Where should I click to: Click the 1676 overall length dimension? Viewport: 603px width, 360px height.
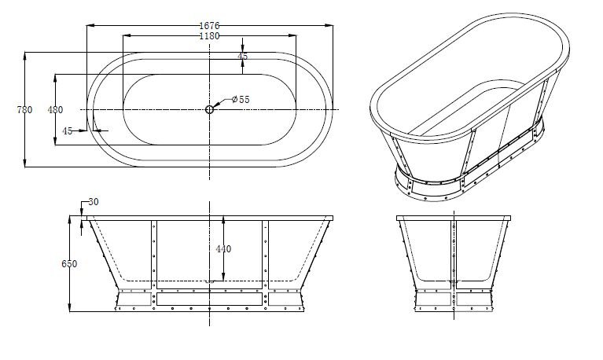tap(209, 26)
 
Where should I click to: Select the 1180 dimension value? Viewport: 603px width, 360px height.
tap(209, 36)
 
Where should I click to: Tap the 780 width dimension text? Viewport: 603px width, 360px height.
tap(24, 110)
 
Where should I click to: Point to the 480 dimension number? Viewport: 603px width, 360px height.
tap(55, 110)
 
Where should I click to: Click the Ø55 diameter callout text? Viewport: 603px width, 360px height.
tap(241, 100)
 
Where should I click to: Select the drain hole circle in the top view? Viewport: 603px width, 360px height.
tap(210, 109)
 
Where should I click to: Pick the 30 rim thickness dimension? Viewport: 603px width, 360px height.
tap(94, 203)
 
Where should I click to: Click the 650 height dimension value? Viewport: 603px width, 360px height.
tap(69, 264)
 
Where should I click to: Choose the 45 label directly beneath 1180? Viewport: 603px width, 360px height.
tap(242, 57)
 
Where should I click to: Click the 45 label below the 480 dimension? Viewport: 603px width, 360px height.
tap(68, 131)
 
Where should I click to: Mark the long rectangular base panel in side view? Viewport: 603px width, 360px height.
tap(209, 299)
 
